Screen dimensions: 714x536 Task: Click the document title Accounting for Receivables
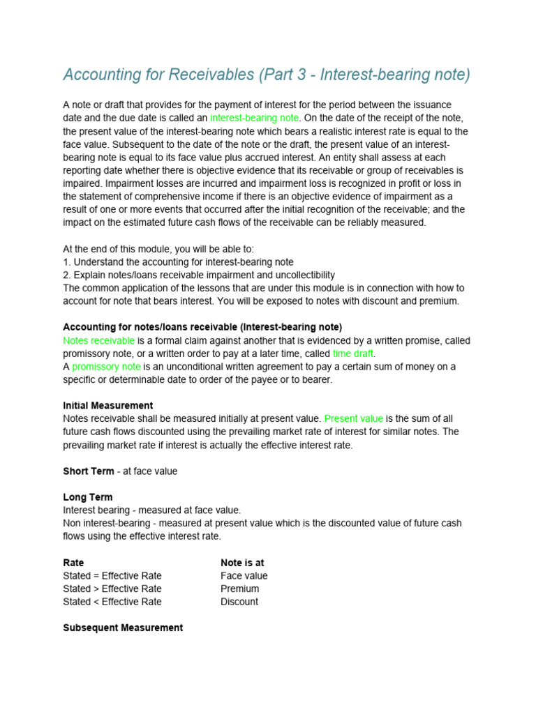point(267,75)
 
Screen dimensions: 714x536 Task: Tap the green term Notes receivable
point(98,340)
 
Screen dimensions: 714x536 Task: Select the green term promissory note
point(106,367)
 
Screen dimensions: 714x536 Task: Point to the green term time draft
point(353,354)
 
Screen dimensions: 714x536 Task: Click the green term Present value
point(354,418)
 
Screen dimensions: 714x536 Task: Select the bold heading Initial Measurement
point(107,405)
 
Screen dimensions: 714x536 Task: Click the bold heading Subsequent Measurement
point(123,628)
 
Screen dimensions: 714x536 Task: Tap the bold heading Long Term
point(87,497)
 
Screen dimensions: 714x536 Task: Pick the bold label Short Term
point(88,471)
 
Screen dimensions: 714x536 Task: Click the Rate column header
point(73,563)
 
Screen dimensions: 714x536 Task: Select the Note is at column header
point(242,563)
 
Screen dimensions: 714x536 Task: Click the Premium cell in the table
point(239,588)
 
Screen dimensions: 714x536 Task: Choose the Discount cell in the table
point(239,602)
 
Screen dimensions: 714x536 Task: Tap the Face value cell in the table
point(244,576)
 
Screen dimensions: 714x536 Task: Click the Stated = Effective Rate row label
point(112,576)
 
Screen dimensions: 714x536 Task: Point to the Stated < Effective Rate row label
point(112,602)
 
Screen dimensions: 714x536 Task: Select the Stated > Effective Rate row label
point(112,588)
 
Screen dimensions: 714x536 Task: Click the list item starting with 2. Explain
point(199,275)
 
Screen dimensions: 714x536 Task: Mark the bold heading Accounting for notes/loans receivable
point(202,327)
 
